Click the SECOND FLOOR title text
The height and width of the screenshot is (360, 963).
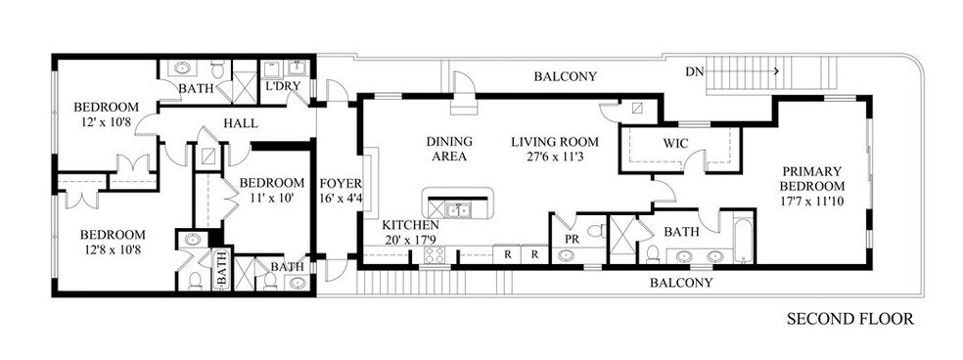(849, 319)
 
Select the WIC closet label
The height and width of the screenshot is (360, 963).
(675, 144)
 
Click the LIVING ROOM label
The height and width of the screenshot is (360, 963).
(554, 141)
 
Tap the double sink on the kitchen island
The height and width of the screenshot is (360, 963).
(457, 208)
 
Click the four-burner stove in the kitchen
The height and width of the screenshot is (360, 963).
(434, 255)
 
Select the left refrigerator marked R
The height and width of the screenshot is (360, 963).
(507, 253)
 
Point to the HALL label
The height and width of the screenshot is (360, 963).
(240, 124)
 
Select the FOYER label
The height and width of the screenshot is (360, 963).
(341, 183)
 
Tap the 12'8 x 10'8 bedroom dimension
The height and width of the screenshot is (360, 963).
(112, 251)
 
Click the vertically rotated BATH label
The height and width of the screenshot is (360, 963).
(221, 267)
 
